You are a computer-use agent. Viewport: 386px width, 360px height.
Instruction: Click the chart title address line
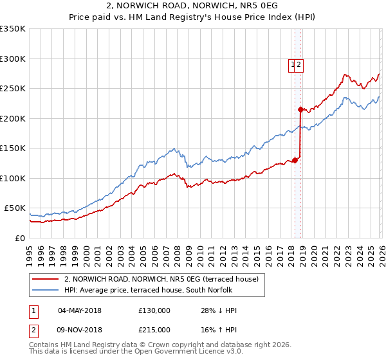(192, 5)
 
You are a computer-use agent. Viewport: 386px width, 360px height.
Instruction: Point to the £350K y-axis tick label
(13, 29)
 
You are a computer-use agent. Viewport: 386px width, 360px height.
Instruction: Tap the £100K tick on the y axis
(13, 178)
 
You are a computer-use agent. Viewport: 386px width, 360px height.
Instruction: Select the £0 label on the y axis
(19, 238)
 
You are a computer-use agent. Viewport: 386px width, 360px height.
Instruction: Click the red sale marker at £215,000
(300, 110)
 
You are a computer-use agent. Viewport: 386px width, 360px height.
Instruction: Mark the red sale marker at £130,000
(295, 160)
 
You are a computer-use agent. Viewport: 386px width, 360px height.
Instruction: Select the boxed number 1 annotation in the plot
(293, 64)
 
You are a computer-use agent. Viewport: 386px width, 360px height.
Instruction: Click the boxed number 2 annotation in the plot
(299, 64)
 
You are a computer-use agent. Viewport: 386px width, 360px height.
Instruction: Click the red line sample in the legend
(46, 279)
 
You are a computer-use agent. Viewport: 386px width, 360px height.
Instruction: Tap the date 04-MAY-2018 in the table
(79, 310)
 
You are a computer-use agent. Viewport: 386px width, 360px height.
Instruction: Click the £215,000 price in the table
(154, 329)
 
